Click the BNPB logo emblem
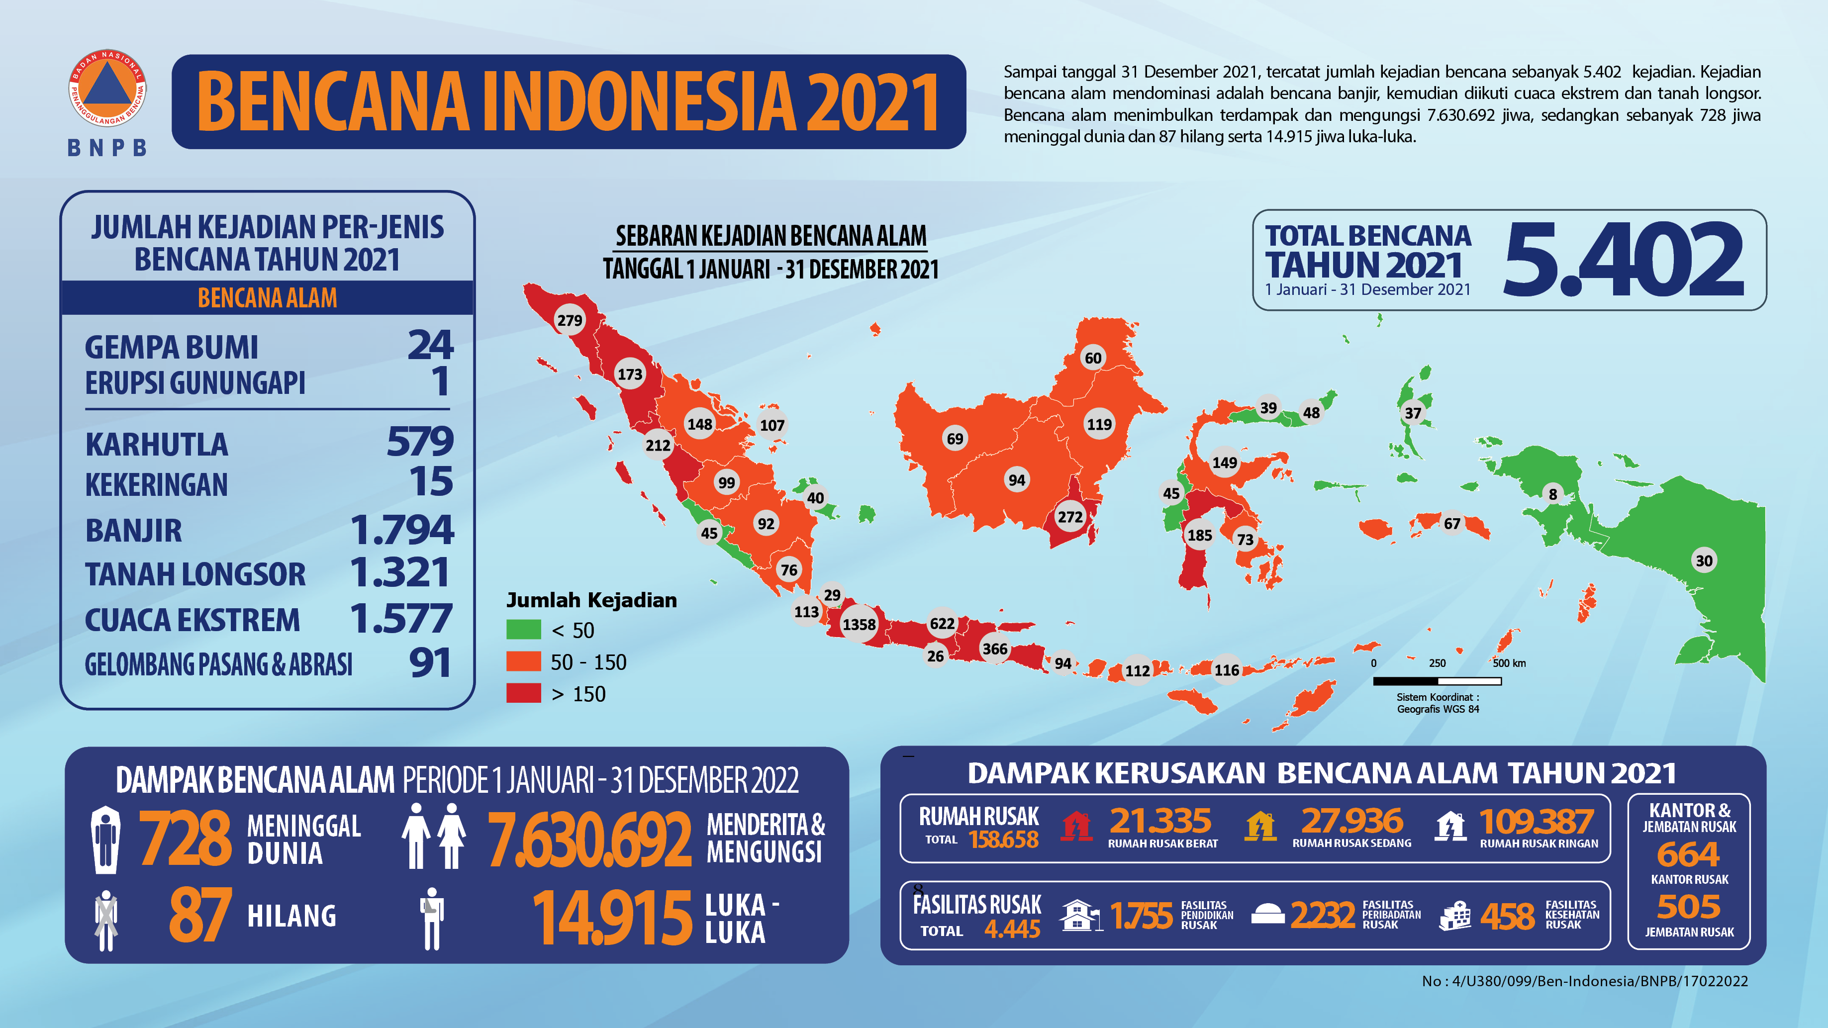pos(107,89)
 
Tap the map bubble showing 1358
pos(859,624)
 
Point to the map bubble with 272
pos(1070,516)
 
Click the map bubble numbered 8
pos(1552,494)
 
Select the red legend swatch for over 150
pos(524,693)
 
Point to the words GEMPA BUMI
pos(171,348)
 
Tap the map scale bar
pos(1437,681)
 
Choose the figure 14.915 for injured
pos(612,918)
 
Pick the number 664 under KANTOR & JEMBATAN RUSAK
pos(1688,854)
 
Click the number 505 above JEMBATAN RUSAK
pos(1688,907)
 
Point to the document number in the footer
pos(1585,981)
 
